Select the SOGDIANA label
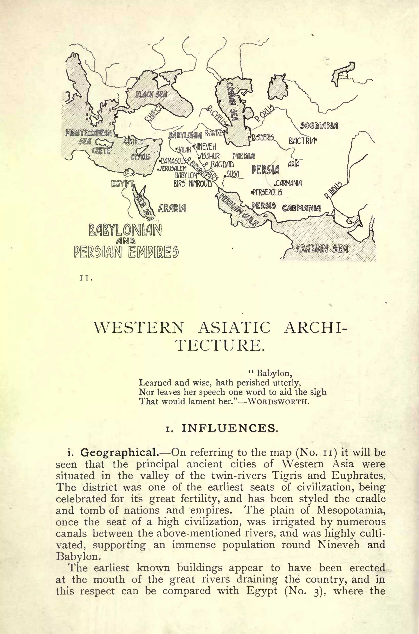click(319, 126)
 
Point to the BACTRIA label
click(302, 141)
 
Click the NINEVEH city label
click(205, 147)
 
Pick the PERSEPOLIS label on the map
click(267, 192)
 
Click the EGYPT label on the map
click(122, 184)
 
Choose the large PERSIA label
click(265, 169)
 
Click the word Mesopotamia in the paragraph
click(351, 510)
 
